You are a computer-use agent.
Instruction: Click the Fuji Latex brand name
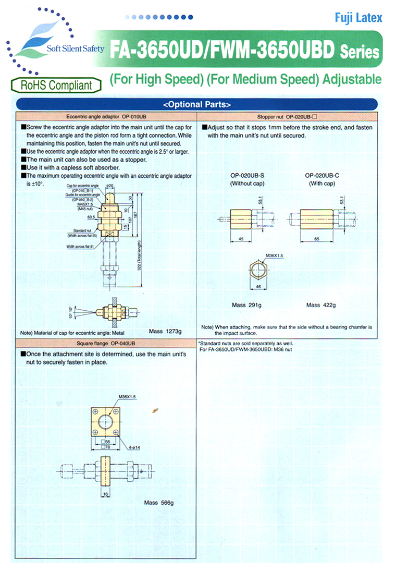coord(358,18)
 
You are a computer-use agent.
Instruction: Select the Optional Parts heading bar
coord(197,103)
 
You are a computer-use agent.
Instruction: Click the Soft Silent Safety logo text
coord(76,49)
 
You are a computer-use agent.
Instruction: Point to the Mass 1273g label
coord(165,331)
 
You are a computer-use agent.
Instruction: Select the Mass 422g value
coord(321,305)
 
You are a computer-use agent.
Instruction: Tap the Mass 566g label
coord(158,503)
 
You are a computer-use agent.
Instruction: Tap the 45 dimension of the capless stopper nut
coord(241,238)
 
